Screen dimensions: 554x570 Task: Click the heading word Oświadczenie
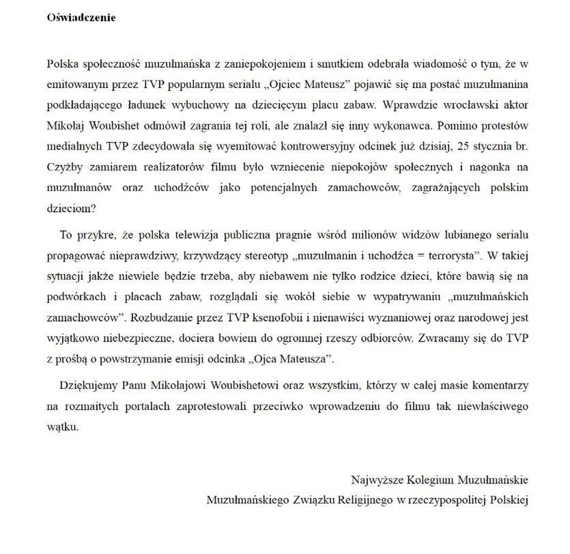[81, 17]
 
